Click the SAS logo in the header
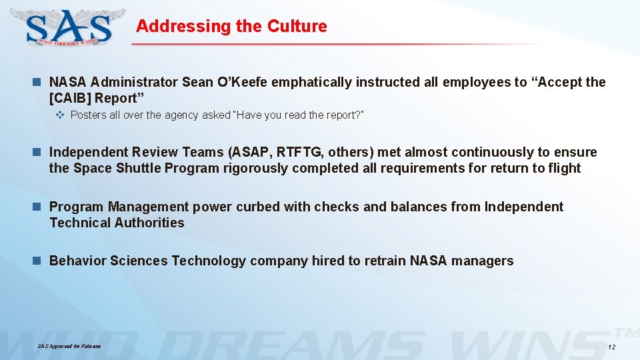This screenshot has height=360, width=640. tap(69, 27)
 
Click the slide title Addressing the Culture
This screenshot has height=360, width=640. tap(231, 26)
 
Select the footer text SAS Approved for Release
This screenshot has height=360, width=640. tap(69, 346)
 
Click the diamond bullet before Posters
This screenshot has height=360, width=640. tap(60, 115)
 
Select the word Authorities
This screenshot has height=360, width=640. tap(150, 223)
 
